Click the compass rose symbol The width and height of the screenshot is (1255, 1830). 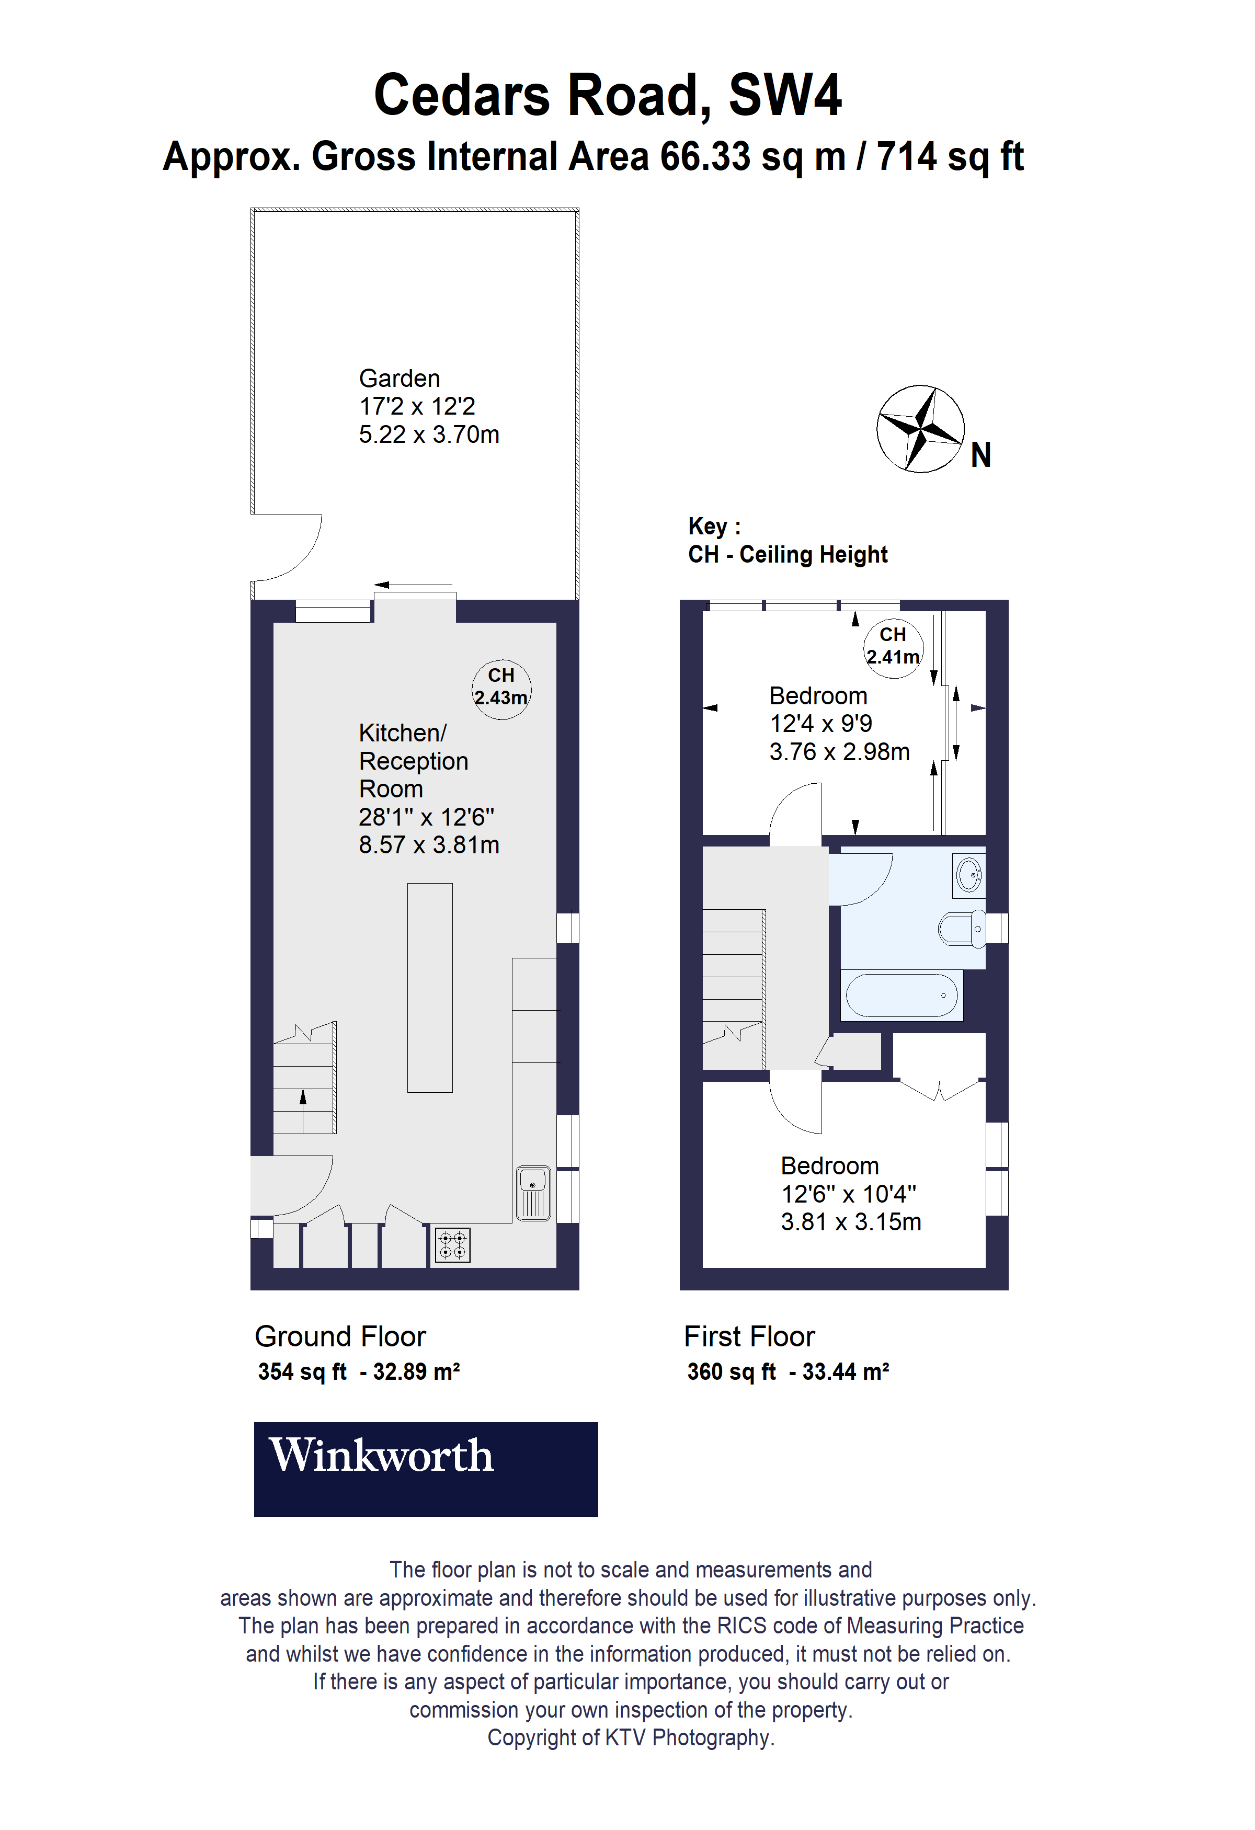(920, 429)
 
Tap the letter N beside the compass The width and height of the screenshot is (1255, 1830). (980, 455)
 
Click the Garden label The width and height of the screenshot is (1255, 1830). (399, 379)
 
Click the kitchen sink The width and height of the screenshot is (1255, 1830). (533, 1194)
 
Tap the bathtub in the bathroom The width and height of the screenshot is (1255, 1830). (902, 996)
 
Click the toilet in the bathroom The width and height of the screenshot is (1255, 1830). (961, 929)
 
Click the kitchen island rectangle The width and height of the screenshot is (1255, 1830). (430, 988)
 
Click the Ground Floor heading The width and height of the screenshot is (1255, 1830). (339, 1336)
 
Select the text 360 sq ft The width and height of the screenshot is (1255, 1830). (731, 1371)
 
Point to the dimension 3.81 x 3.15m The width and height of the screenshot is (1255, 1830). (850, 1222)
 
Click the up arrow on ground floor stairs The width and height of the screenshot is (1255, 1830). (303, 1099)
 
